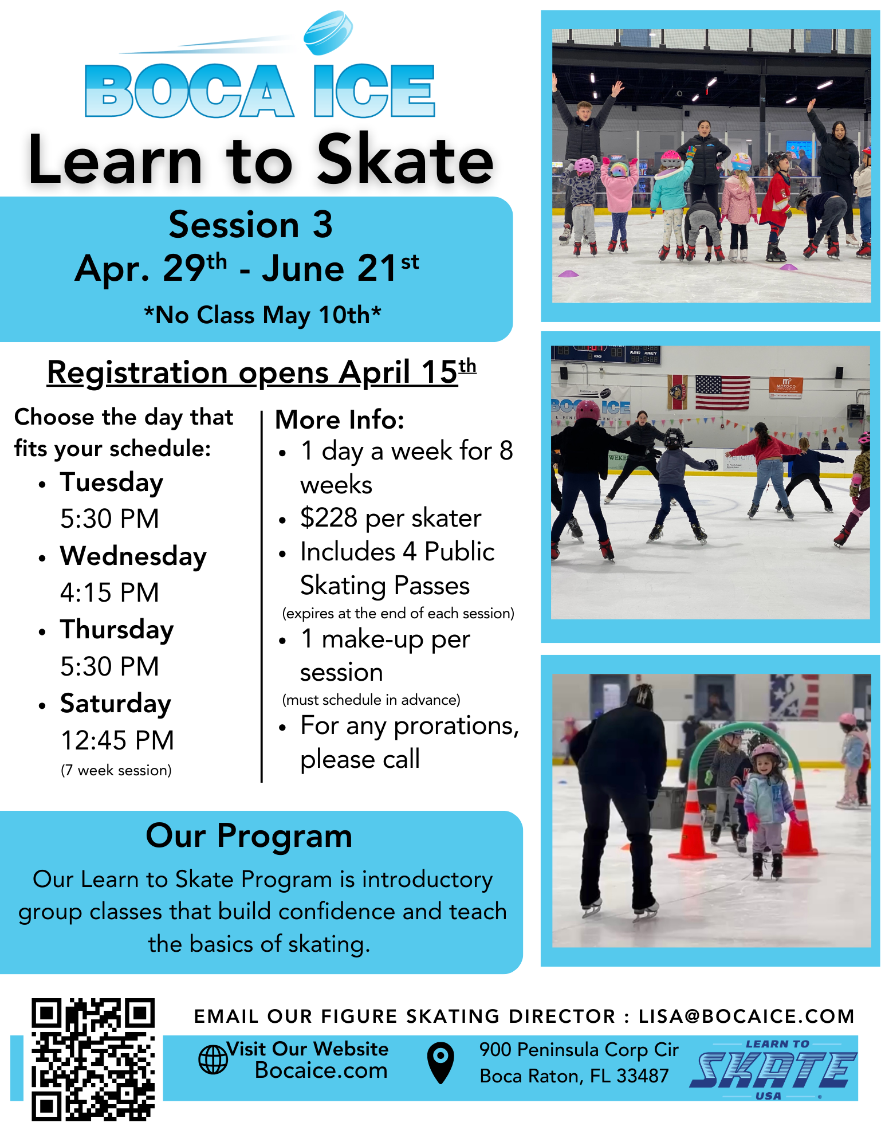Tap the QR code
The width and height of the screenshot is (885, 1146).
[93, 1059]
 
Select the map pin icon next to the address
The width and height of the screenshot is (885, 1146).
[440, 1062]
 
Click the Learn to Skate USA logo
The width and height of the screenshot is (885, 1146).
[774, 1069]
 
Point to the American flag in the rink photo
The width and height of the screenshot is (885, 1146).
[722, 392]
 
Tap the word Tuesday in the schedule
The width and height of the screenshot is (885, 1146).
[112, 482]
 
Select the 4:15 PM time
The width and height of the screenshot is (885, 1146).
[109, 592]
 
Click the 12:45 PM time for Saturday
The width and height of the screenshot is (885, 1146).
[117, 740]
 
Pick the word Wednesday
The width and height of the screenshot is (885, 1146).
[133, 556]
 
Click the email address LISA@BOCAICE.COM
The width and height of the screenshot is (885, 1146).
[746, 1017]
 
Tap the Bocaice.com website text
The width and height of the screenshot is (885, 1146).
[321, 1070]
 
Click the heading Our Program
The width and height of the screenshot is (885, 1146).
[249, 836]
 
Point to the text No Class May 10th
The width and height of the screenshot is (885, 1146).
[262, 315]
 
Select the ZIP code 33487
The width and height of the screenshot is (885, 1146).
[642, 1076]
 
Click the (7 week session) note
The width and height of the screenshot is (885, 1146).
[116, 770]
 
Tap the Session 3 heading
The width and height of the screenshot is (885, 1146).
[250, 224]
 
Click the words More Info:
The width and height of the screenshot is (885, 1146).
[340, 420]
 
